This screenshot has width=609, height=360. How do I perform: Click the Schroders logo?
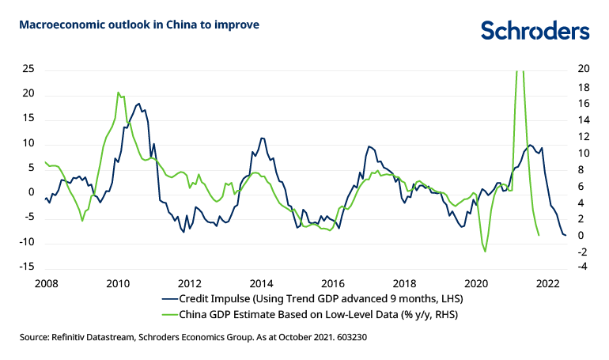click(535, 30)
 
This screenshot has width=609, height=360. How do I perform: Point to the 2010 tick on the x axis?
click(118, 282)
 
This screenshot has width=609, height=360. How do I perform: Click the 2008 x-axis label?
click(47, 282)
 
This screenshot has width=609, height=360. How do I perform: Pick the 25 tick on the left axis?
click(28, 69)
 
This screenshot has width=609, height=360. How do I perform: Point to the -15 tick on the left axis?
click(26, 267)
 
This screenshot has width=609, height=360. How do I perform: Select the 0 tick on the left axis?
click(32, 192)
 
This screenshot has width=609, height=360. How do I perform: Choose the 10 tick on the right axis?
click(583, 152)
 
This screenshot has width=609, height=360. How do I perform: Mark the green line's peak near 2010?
click(118, 93)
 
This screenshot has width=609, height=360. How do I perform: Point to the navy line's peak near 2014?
click(262, 138)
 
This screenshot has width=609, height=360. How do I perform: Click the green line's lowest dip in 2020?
click(485, 252)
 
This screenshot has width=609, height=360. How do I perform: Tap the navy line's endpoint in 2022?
click(565, 235)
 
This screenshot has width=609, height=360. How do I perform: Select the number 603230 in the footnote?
click(348, 337)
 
